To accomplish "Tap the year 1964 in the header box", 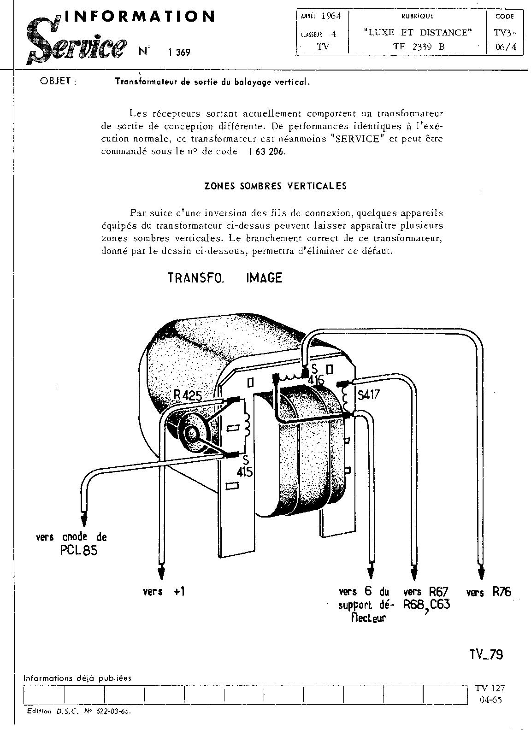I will [x=330, y=16].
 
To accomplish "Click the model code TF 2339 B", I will [x=418, y=46].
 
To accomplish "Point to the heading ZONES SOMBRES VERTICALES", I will [x=275, y=186].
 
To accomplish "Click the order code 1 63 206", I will [x=266, y=151].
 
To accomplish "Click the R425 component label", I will [x=188, y=394].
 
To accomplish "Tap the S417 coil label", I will [x=368, y=395].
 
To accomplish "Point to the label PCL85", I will [x=79, y=550].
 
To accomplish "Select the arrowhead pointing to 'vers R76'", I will [x=481, y=572].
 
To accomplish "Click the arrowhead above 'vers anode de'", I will [x=84, y=519].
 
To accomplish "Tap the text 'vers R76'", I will [x=489, y=592].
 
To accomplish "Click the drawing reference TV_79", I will [x=486, y=654].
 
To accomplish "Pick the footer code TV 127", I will [x=490, y=689].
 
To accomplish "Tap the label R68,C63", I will [x=426, y=605].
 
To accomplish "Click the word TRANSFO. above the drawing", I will [x=195, y=278].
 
